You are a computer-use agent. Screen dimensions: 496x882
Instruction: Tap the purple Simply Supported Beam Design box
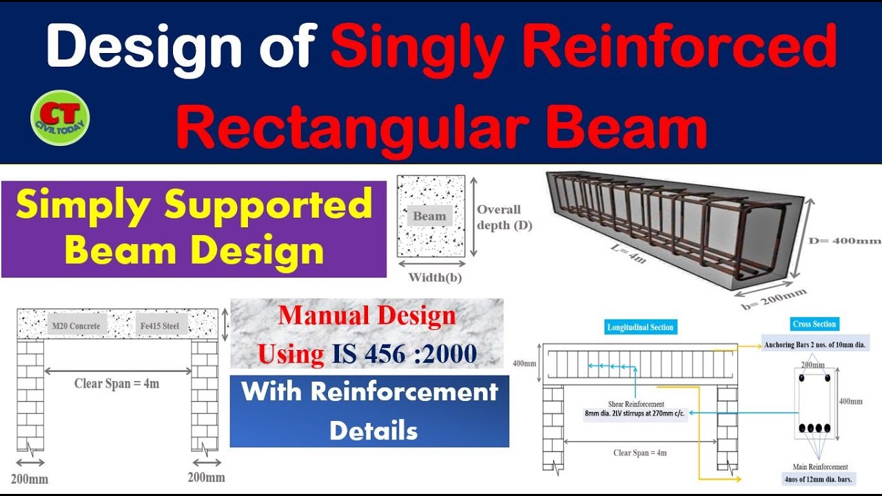[194, 229]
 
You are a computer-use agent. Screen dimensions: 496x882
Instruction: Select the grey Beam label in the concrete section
[429, 216]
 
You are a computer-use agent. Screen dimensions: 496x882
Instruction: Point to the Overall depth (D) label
[504, 217]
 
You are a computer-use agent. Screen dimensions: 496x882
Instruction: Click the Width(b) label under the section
[435, 278]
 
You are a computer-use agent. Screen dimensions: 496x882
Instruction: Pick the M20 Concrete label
[76, 325]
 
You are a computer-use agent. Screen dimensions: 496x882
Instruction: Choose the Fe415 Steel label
[162, 325]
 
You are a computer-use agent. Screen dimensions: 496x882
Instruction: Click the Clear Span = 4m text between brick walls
[116, 383]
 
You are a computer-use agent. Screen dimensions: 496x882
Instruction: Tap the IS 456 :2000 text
[404, 354]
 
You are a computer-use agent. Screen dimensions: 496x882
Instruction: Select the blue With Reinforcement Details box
[369, 411]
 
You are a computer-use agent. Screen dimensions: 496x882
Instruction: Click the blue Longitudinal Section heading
[641, 327]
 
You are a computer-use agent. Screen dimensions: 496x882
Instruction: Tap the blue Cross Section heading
[814, 324]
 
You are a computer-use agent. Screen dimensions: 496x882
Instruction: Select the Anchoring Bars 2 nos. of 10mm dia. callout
[814, 344]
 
